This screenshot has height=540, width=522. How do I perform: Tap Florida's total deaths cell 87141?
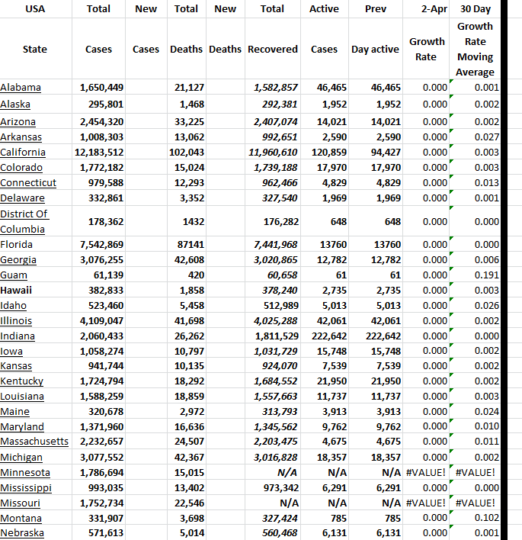[x=188, y=245]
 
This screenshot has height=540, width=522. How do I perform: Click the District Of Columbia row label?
[x=24, y=221]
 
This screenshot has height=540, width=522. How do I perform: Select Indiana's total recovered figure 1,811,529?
[x=274, y=336]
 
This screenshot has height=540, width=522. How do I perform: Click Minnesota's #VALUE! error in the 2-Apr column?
[x=426, y=473]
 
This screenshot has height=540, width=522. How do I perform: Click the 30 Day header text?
[x=476, y=9]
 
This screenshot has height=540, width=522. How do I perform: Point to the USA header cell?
[x=34, y=9]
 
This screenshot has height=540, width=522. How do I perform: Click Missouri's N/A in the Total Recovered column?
[x=288, y=503]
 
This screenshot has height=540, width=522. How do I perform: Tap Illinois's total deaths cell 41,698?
[x=188, y=321]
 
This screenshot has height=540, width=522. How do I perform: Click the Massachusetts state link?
[x=34, y=442]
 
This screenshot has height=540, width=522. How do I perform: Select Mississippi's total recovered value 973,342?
[x=277, y=488]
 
